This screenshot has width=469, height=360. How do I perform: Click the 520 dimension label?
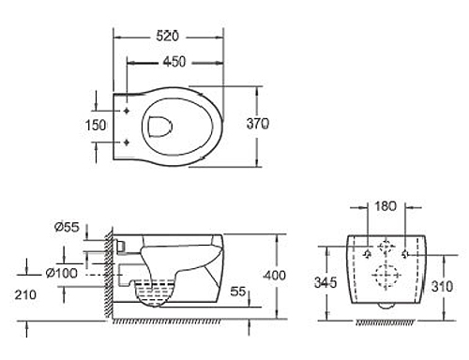click(167, 37)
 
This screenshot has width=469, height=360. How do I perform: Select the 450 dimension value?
click(174, 62)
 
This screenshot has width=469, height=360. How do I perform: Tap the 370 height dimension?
click(257, 124)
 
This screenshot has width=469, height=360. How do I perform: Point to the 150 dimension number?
click(96, 126)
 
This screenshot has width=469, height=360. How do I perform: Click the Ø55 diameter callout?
click(67, 227)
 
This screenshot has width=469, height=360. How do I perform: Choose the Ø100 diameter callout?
click(61, 274)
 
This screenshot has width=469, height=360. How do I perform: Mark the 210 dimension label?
click(25, 294)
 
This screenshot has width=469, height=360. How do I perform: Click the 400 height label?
click(275, 276)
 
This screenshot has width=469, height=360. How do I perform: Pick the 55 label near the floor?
click(238, 292)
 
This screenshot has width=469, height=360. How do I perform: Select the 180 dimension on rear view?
click(386, 206)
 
